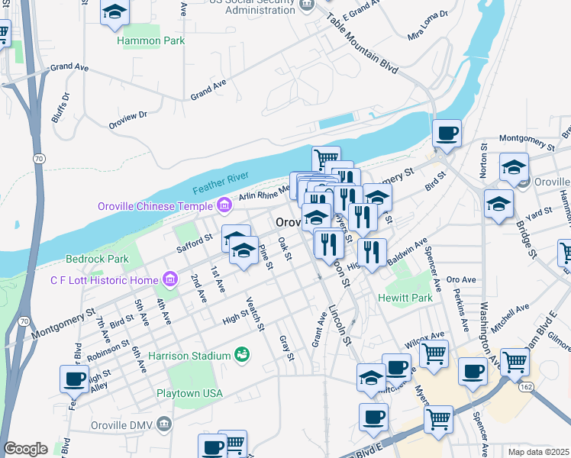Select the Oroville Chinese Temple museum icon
point(224,205)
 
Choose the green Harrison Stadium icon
point(242,354)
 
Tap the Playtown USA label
point(189,393)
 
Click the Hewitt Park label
point(405,298)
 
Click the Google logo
point(24,449)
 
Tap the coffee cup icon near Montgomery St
point(447,133)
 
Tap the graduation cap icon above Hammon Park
point(115,11)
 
